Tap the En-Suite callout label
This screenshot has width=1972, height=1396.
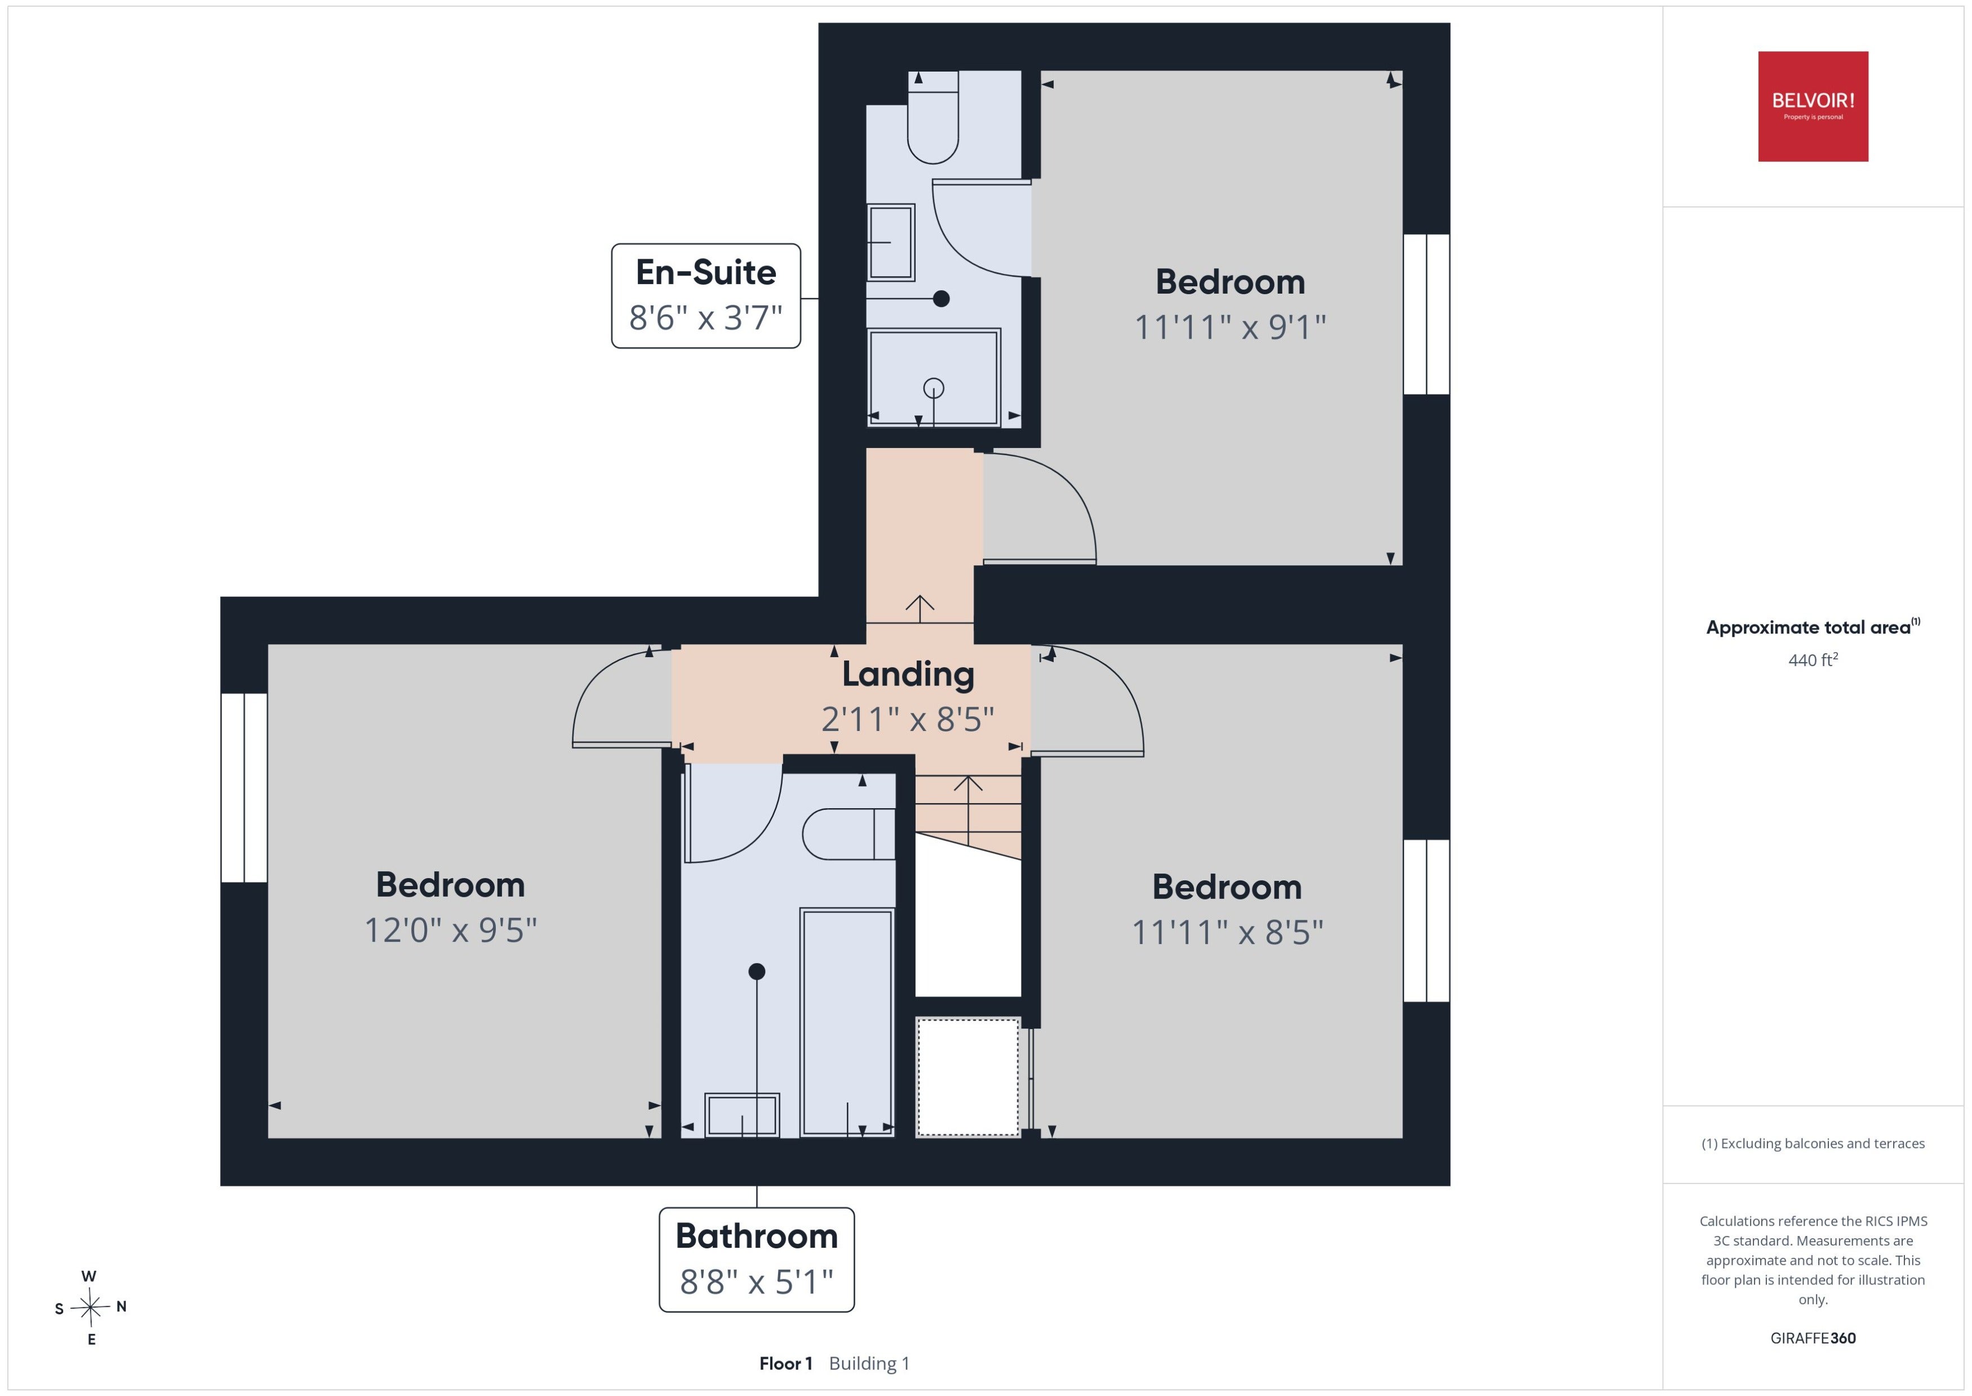point(705,296)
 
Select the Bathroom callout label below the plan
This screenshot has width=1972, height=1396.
point(756,1259)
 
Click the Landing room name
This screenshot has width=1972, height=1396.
point(907,674)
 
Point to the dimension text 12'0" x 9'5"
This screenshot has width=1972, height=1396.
point(450,930)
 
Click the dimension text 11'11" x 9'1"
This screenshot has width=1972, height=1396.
point(1229,327)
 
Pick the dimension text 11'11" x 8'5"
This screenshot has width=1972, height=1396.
point(1227,932)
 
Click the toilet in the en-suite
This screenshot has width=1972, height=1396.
point(933,118)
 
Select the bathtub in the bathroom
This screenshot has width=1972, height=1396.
point(846,1022)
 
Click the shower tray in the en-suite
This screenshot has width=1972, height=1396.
point(933,378)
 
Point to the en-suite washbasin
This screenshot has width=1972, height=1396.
point(890,242)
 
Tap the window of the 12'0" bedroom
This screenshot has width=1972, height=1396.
point(244,787)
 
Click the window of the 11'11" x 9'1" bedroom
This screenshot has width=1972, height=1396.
point(1427,314)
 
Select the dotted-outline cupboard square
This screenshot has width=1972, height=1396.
point(967,1077)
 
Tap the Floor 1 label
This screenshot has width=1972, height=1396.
point(785,1363)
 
